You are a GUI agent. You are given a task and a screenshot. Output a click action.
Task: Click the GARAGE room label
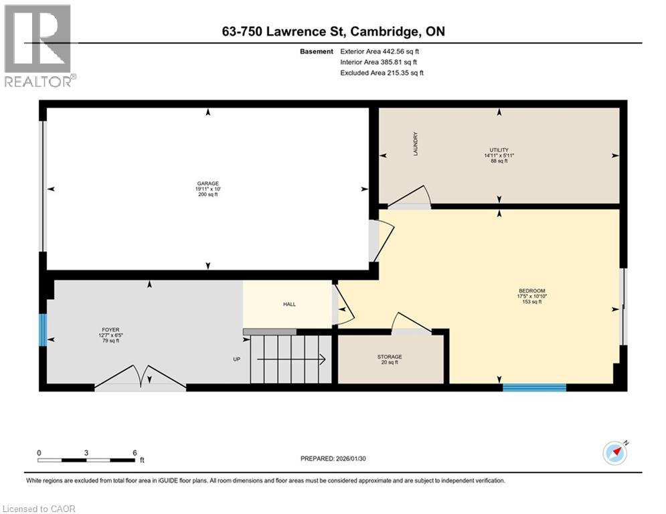pyautogui.click(x=207, y=183)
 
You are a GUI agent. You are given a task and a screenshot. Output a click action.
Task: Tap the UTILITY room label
pyautogui.click(x=499, y=150)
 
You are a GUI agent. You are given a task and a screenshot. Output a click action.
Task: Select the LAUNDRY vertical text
pyautogui.click(x=416, y=143)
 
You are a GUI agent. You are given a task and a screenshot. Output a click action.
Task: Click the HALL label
pyautogui.click(x=289, y=305)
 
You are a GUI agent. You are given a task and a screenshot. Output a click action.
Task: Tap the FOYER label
pyautogui.click(x=110, y=329)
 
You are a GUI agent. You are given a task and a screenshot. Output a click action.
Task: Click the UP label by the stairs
pyautogui.click(x=236, y=359)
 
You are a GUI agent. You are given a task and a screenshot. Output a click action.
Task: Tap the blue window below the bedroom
pyautogui.click(x=534, y=387)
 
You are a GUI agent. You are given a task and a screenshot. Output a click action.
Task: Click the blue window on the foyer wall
pyautogui.click(x=43, y=330)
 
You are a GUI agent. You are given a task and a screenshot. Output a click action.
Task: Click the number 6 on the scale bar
pyautogui.click(x=135, y=452)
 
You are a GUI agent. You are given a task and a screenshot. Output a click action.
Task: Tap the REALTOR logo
pyautogui.click(x=39, y=46)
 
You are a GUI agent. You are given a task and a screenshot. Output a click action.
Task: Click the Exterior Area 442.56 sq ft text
pyautogui.click(x=381, y=51)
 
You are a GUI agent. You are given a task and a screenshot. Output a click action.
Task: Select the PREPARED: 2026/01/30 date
pyautogui.click(x=333, y=458)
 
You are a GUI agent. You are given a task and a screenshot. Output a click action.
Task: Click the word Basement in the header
pyautogui.click(x=317, y=51)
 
